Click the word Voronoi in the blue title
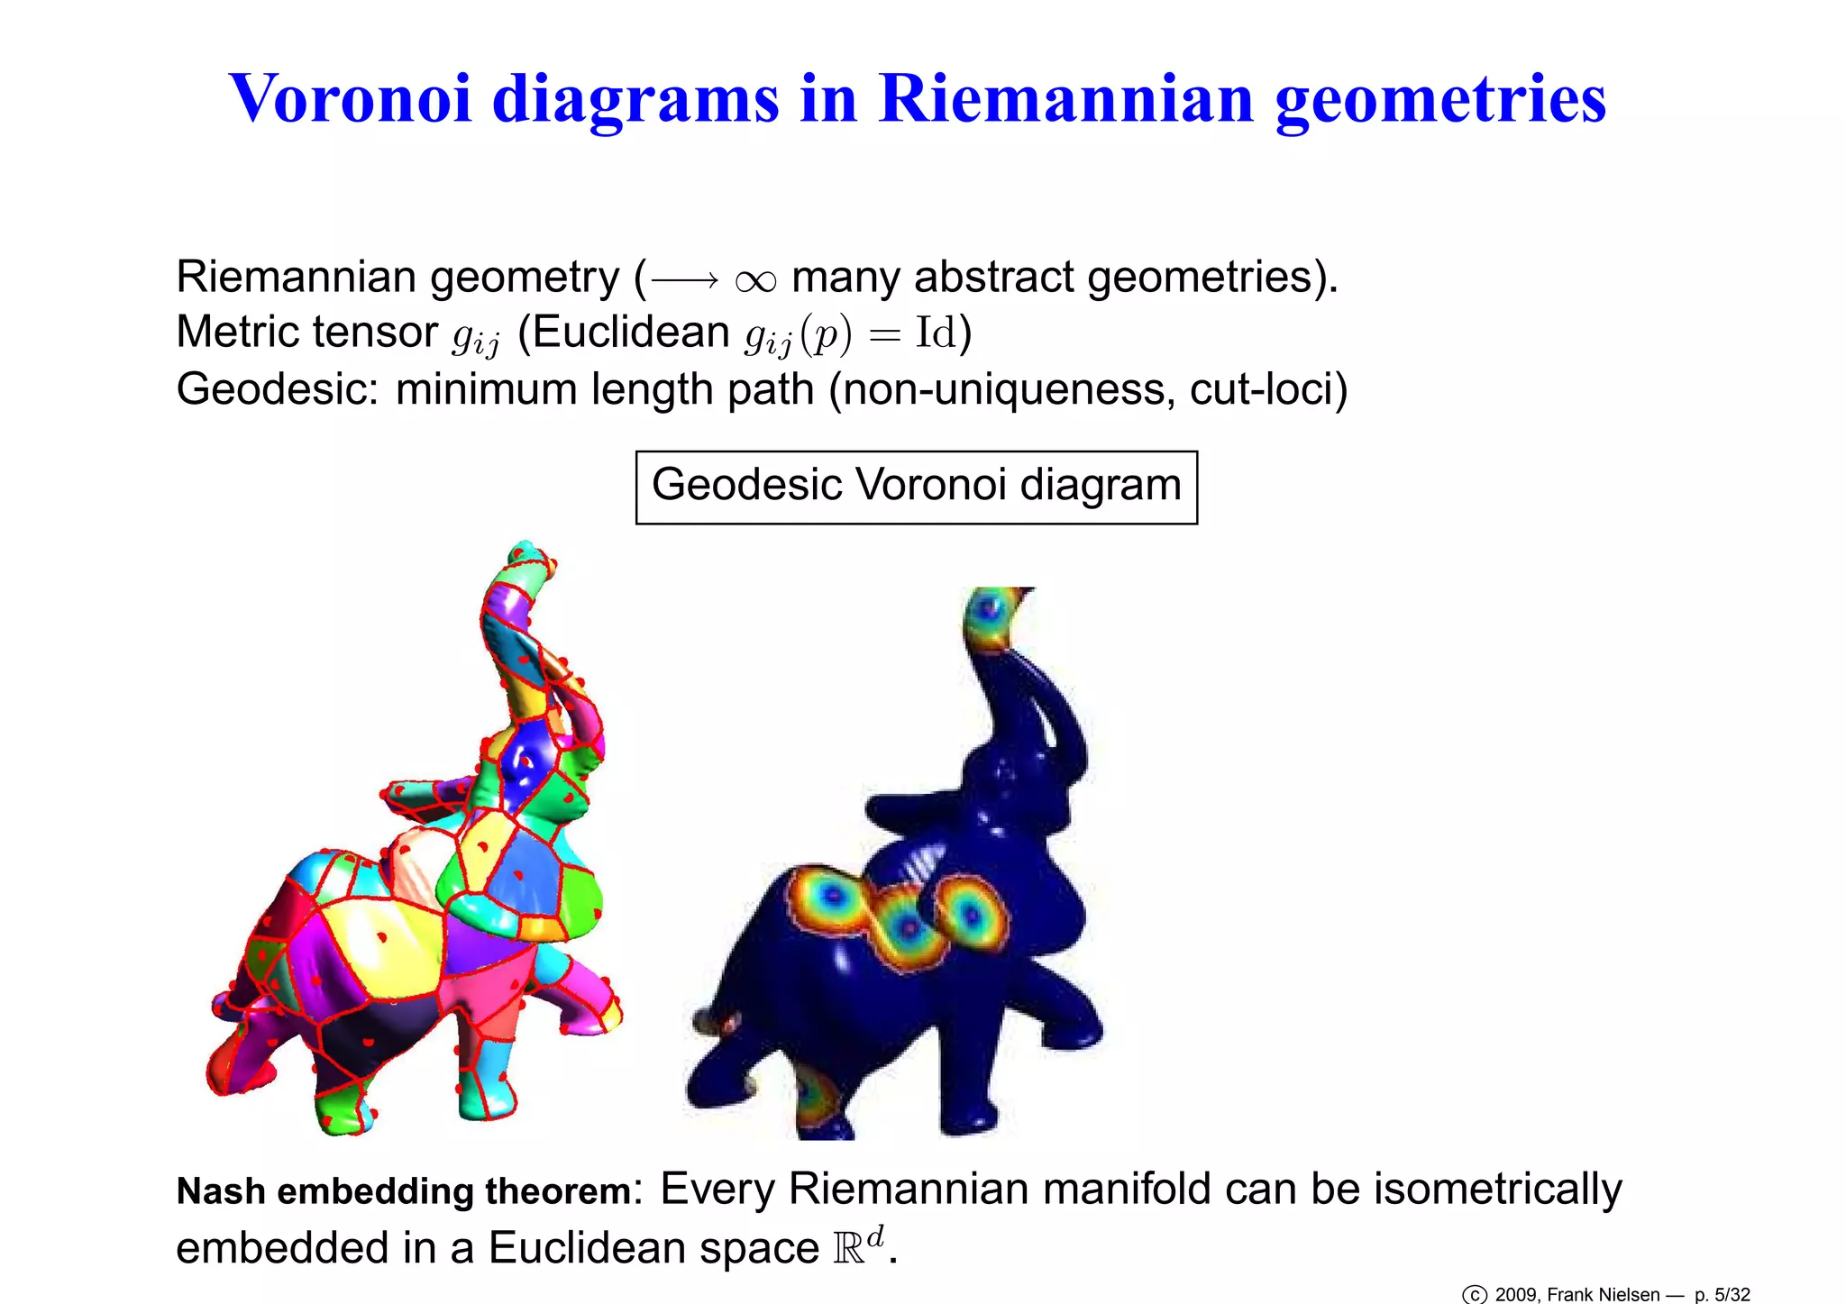point(351,98)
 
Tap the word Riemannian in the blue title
point(1065,98)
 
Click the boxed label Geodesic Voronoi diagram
point(916,487)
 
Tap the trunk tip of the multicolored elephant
point(523,552)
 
